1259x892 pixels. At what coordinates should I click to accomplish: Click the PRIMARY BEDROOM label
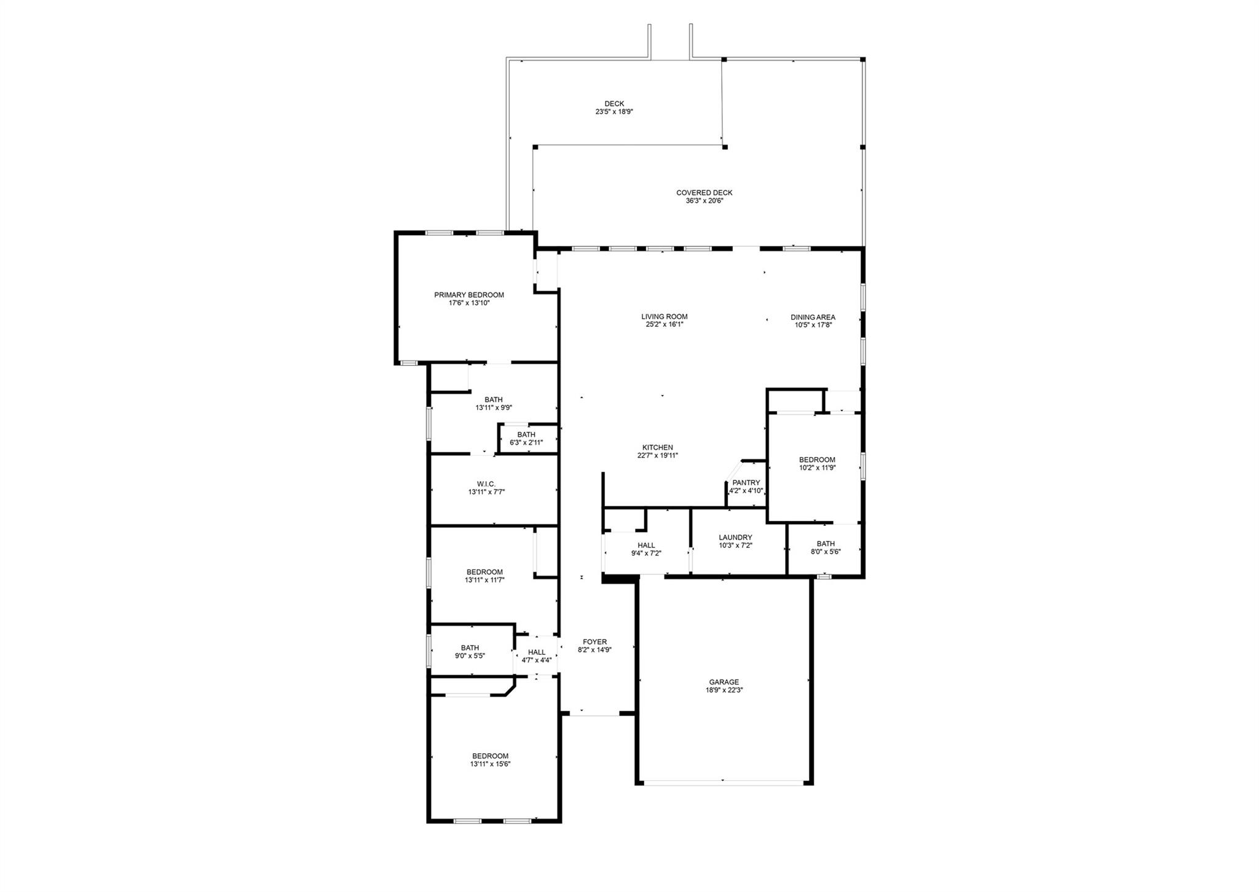point(468,295)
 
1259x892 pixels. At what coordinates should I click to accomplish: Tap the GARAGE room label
point(724,682)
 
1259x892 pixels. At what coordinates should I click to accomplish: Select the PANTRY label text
point(746,483)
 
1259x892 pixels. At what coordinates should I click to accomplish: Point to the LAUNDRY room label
point(735,538)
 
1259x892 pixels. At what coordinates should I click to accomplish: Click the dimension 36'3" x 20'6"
point(704,201)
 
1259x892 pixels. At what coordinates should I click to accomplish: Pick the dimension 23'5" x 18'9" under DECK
point(614,112)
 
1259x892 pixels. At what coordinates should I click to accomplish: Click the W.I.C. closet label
point(486,484)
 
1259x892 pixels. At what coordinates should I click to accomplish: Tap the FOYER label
point(594,642)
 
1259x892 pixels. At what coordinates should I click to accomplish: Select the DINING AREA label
point(813,318)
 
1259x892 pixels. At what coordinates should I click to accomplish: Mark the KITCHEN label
point(657,448)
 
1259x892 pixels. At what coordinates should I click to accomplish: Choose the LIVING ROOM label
point(664,317)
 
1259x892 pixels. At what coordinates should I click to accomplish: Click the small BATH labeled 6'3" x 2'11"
point(526,435)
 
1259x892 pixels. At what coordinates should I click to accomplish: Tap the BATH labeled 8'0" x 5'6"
point(826,544)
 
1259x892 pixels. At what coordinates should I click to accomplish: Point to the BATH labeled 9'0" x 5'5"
point(470,648)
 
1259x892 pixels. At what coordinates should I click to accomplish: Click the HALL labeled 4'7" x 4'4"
point(536,652)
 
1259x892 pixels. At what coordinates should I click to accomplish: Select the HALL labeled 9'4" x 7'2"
point(646,546)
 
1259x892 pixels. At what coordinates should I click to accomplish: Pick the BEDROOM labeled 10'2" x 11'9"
point(817,460)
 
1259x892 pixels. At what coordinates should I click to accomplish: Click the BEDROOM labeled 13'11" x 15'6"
point(490,756)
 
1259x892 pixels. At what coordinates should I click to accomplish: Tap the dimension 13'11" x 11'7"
point(484,580)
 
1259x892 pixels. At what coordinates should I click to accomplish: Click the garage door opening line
point(724,781)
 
